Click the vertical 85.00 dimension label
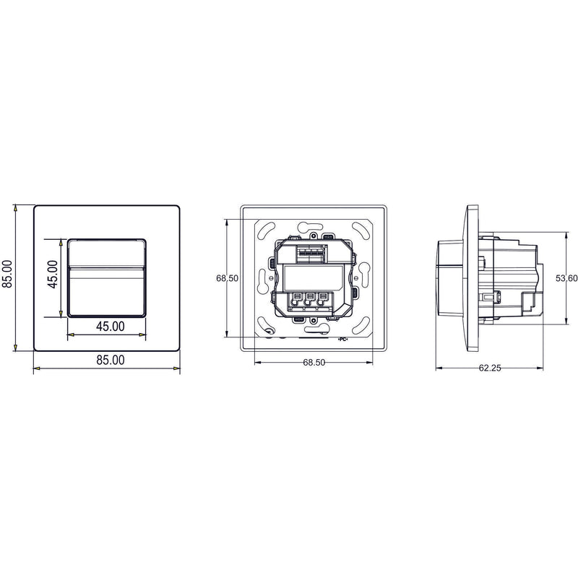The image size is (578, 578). coord(7,274)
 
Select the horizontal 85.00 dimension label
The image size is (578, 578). coord(111,360)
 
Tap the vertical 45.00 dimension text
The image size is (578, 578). coord(53,274)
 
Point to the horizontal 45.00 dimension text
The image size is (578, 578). coord(111,327)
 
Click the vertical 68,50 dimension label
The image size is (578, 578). coord(227,278)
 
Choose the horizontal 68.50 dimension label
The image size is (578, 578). coord(314,363)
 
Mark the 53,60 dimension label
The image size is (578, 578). coord(566,278)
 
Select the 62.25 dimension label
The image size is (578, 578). coord(490,368)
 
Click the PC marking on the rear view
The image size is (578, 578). coord(342,340)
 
